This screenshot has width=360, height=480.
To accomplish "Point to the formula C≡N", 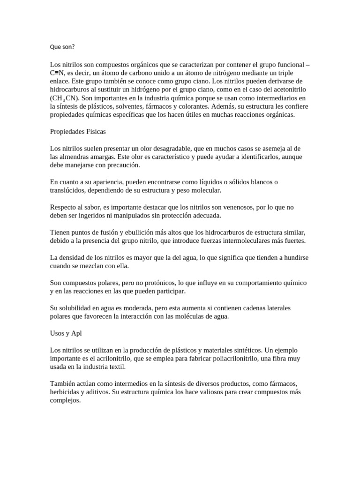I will (x=58, y=73).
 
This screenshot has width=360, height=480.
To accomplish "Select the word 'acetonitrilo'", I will (x=286, y=90).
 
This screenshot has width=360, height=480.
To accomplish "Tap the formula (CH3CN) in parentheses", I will (x=65, y=98).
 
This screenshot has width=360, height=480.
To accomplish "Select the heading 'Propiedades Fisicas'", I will (x=78, y=132).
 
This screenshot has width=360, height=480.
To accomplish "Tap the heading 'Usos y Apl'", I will (x=66, y=333).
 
